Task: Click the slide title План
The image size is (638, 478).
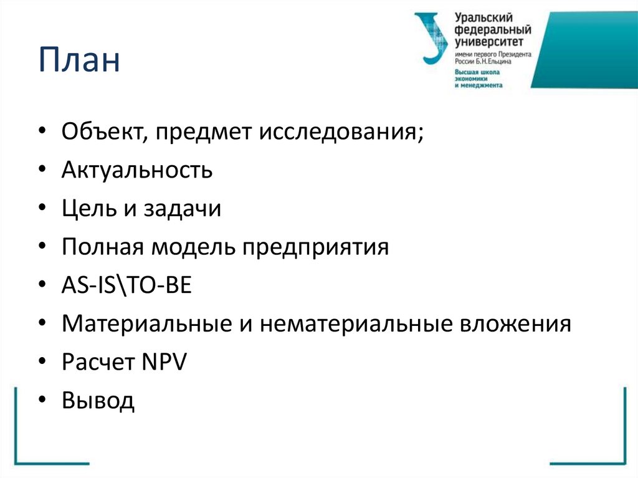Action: pyautogui.click(x=79, y=62)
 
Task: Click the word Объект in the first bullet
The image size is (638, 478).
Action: pyautogui.click(x=100, y=132)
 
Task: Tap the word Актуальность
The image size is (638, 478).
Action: pyautogui.click(x=137, y=170)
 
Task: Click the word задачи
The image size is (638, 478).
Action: pyautogui.click(x=184, y=209)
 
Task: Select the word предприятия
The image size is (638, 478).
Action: pyautogui.click(x=316, y=247)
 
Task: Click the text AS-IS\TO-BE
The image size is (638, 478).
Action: pyautogui.click(x=127, y=285)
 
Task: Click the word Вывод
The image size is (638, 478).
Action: pyautogui.click(x=98, y=401)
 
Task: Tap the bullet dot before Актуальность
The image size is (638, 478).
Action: pyautogui.click(x=42, y=171)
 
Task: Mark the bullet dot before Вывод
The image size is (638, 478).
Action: pyautogui.click(x=42, y=402)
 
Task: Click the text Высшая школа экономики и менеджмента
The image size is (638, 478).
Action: pyautogui.click(x=478, y=79)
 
